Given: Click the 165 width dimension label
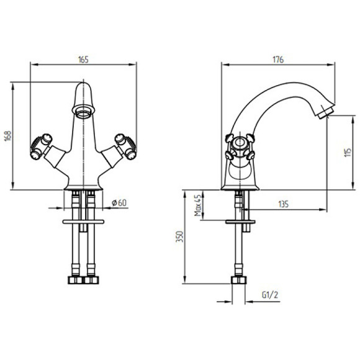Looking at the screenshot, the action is pos(83,60).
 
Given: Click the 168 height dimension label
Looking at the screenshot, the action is pos(8,136).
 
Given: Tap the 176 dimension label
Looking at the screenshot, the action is pos(278,60).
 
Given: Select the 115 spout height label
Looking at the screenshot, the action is pos(348,152).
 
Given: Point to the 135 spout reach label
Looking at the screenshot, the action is pos(283,204).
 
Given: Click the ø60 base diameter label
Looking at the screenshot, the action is pos(119,203).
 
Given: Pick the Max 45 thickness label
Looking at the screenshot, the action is pos(197,205).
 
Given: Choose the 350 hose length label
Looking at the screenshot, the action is pos(179,236).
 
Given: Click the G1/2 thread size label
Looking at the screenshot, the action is pos(270,295).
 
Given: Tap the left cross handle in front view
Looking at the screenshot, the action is pos(42,146).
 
